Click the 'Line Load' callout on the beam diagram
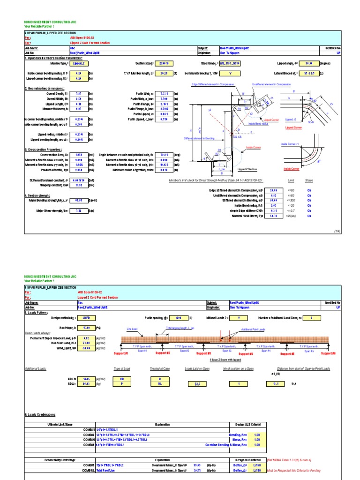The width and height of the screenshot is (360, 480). tap(132, 330)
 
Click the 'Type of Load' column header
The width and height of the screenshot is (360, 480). tap(121, 369)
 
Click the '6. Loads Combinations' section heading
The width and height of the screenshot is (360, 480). tap(39, 415)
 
